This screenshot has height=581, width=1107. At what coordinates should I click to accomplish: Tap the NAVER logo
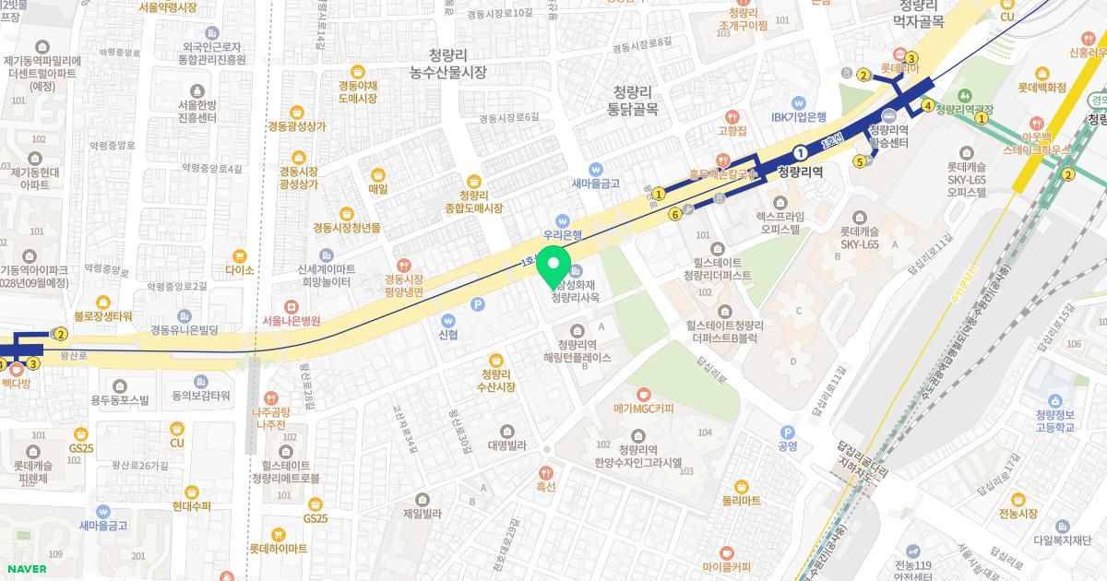pos(24,569)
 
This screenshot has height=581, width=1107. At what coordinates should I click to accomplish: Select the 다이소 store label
pos(239,270)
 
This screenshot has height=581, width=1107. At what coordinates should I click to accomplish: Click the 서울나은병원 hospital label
pos(291,320)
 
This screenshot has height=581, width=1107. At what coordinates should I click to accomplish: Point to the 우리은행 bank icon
pos(562,219)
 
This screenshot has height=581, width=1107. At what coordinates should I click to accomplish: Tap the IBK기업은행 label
pos(798,117)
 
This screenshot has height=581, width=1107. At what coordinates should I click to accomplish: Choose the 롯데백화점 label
pos(1042,88)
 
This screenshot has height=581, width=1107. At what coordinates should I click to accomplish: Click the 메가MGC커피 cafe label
pos(643,409)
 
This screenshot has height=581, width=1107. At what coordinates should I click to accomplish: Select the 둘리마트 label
pos(741,500)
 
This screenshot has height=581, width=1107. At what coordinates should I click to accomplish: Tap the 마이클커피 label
pos(726,565)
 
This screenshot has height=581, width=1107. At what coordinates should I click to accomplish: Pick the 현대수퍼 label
pos(191,506)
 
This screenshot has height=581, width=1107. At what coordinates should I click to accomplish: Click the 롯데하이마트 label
pos(278,548)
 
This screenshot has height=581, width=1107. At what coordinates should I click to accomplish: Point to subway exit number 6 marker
pos(675,214)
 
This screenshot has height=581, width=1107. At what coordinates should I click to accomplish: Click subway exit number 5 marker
pos(860,162)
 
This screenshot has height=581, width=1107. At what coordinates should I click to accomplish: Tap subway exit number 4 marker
pos(928,105)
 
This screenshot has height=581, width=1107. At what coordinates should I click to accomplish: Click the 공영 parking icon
pos(787,432)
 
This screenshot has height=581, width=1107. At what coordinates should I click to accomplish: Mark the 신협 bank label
pos(448,334)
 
